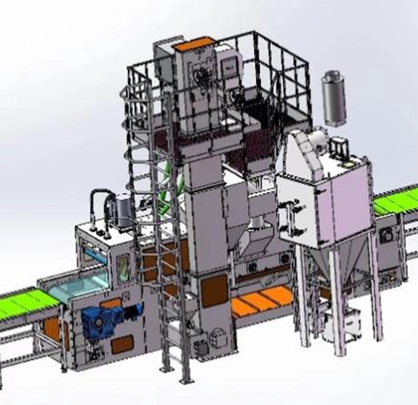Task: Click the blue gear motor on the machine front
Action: pyautogui.click(x=102, y=320)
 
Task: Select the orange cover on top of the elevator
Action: pyautogui.click(x=194, y=45)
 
